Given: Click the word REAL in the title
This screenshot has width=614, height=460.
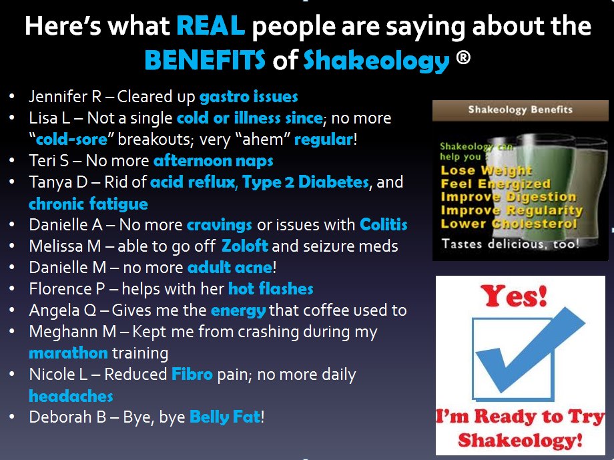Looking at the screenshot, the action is point(211,26).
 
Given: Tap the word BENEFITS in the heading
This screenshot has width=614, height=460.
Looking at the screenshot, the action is point(205,60).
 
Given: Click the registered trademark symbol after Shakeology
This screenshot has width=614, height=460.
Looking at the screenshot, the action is point(463,57).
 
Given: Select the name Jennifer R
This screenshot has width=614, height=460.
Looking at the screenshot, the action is point(65,96).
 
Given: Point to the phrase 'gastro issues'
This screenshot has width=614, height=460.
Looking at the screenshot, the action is point(249,96).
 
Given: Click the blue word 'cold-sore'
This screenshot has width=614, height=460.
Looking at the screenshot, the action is point(71,140).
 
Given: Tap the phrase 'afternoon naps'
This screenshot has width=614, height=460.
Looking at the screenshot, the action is point(214,161).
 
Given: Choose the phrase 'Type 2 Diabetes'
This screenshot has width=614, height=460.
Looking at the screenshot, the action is point(306,182).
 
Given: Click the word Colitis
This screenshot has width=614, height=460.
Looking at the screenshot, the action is point(383,225).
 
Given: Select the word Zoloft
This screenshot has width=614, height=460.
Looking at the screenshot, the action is point(245,246).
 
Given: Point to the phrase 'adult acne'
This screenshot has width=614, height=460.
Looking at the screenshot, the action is point(230,268).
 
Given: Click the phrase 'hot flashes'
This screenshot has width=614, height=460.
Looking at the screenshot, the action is point(270,289).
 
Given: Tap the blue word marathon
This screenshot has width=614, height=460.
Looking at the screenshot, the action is point(68,353).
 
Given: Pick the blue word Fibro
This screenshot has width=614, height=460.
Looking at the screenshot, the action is point(192,374).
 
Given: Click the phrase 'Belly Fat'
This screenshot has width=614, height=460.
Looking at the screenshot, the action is point(225,417).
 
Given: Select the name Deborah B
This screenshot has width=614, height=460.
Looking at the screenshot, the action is point(67,417).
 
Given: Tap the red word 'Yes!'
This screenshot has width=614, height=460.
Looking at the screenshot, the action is point(514,296).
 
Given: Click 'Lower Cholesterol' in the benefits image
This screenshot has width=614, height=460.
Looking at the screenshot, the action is point(509,224).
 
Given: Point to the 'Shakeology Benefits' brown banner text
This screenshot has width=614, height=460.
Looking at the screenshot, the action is point(521,109).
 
